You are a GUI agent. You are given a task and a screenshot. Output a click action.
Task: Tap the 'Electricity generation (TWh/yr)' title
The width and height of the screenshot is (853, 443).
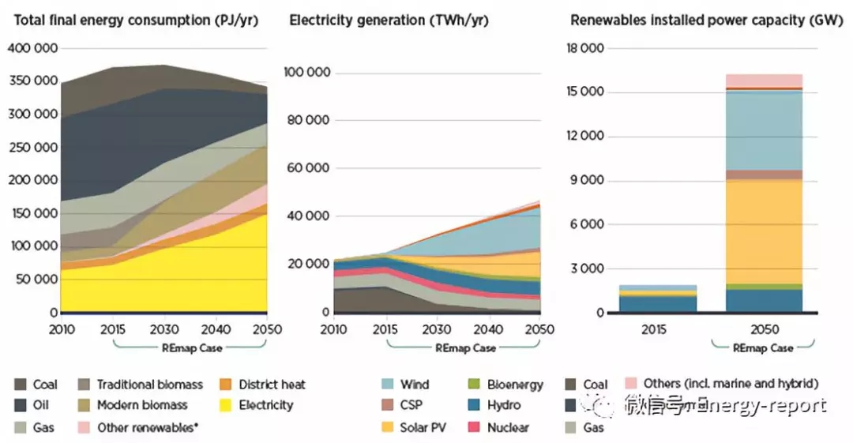coord(389,20)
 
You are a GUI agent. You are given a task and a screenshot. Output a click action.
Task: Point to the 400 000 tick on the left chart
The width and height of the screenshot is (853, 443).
coord(32,49)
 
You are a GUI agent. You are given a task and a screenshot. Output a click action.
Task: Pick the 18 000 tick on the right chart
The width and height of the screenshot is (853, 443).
coord(585,49)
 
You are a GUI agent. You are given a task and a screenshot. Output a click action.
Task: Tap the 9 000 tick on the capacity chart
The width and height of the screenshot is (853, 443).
coord(588,181)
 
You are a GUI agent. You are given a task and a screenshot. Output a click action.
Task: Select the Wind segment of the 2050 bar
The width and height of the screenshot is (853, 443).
coord(764,130)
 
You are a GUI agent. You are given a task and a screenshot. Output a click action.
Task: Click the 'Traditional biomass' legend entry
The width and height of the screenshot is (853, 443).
coord(149,385)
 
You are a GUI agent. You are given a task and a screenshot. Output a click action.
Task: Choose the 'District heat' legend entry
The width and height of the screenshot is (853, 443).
coord(272,385)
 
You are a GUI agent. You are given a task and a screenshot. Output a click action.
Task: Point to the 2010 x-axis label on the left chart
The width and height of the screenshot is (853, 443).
coord(61,328)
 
